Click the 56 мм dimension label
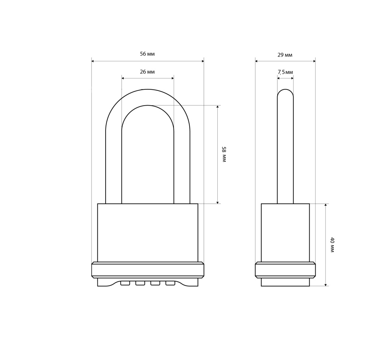pos(147,54)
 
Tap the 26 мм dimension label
pos(147,72)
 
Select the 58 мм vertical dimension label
pos(224,154)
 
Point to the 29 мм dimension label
pos(285,55)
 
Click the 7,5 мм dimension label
pos(285,72)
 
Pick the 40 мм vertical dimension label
pos(332,245)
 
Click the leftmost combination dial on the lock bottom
pos(125,283)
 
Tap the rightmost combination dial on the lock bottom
pos(170,283)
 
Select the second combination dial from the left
pos(140,283)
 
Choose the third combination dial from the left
pos(155,283)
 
